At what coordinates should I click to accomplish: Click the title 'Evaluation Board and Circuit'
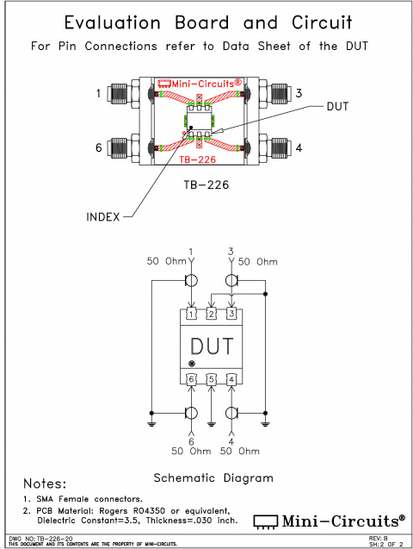(206, 22)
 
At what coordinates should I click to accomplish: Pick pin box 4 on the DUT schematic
(231, 379)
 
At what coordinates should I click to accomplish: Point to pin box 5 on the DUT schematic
(212, 379)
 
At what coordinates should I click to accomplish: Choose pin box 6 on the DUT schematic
(191, 379)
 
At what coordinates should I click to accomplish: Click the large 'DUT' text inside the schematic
(212, 346)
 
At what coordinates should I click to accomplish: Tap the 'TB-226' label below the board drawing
(206, 185)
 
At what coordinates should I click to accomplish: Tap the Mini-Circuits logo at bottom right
(330, 520)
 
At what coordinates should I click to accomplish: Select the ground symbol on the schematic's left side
(151, 423)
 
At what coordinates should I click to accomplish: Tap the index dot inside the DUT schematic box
(191, 365)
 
